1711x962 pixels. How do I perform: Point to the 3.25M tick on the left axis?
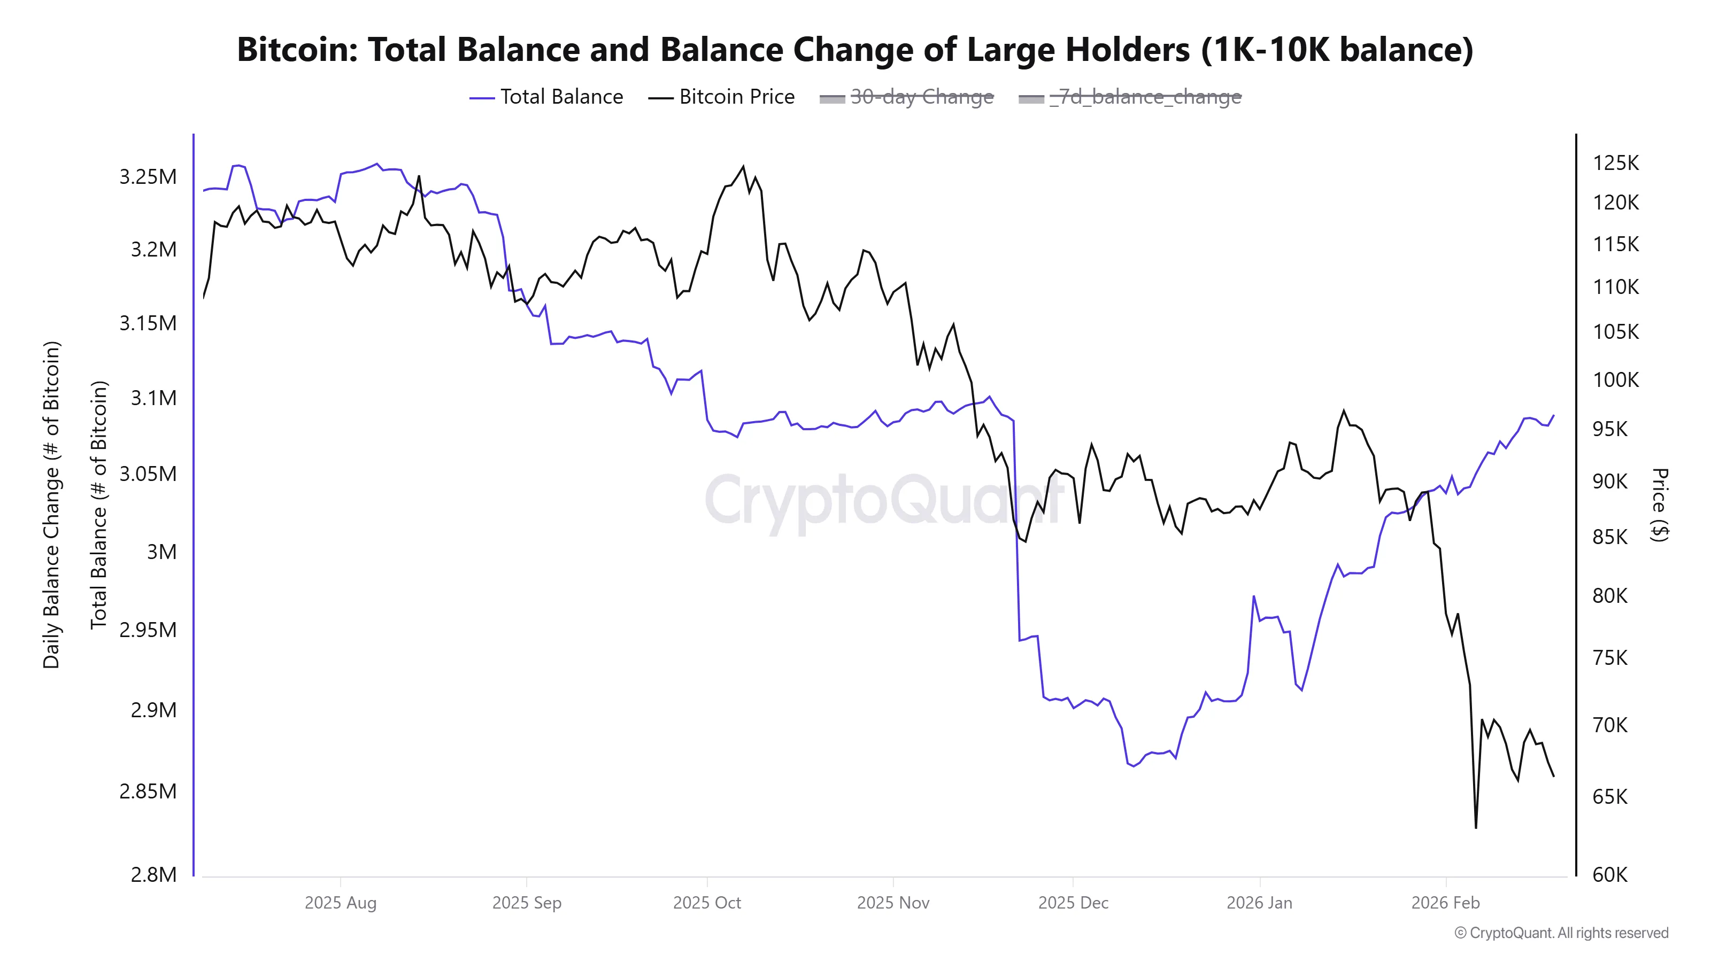(148, 176)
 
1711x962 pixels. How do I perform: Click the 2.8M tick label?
(153, 874)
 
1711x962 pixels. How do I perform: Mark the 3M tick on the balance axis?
(161, 552)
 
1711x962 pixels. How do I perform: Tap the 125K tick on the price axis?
(1615, 162)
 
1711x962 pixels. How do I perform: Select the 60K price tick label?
(1610, 874)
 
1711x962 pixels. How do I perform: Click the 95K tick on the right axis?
(1610, 429)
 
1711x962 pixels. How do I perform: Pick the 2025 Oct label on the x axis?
(707, 903)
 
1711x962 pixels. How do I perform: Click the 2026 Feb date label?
(1445, 903)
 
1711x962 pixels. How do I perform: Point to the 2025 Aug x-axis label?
(340, 903)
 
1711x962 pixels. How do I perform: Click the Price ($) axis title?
(1659, 505)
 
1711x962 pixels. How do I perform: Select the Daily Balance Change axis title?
(52, 505)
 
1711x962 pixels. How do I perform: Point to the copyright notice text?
(1561, 933)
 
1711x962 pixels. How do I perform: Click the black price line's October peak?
(743, 167)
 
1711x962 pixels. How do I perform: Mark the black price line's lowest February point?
(1476, 827)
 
